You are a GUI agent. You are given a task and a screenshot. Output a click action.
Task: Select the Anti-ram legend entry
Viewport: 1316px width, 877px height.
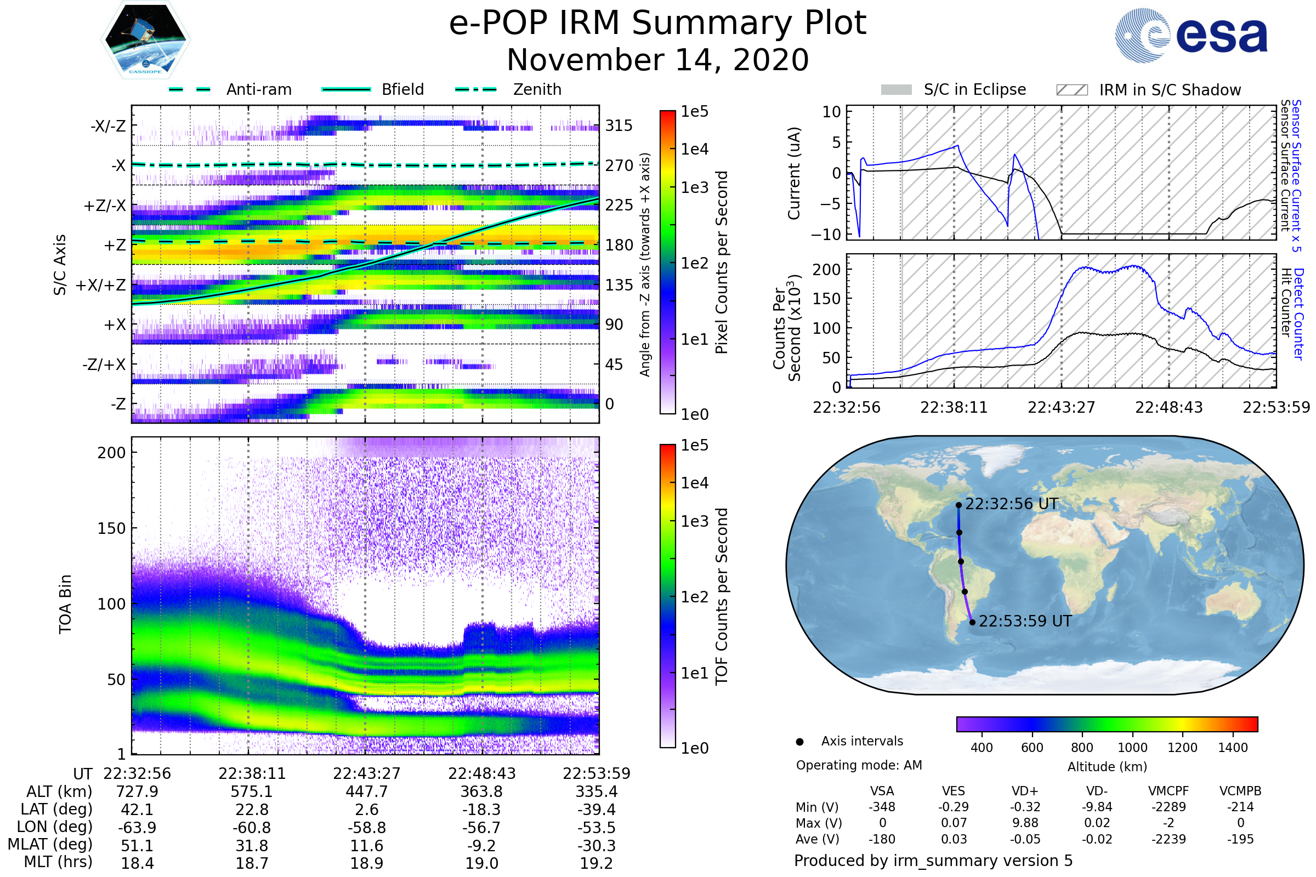click(230, 89)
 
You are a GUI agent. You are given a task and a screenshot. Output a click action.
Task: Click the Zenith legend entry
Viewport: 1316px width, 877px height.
click(508, 89)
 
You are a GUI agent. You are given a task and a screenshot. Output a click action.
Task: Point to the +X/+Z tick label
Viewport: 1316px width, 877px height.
click(101, 285)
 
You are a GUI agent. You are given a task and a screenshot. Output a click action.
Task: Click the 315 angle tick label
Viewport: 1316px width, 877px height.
click(619, 126)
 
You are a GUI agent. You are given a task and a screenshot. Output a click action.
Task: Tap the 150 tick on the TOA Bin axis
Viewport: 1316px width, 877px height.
click(111, 528)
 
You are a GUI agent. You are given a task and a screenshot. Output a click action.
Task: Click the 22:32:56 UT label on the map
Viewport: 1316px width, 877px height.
click(1012, 504)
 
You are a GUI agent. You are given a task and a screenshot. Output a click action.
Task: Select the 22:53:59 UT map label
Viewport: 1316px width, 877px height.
click(1025, 622)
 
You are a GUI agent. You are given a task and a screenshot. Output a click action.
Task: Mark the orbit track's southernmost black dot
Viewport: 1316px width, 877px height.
click(972, 622)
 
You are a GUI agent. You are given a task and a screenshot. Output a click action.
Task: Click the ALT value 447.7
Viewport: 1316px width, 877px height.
click(366, 792)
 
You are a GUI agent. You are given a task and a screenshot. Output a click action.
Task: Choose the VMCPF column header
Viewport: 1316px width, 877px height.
click(1168, 791)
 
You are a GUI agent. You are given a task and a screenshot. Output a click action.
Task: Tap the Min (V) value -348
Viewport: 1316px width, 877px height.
click(882, 807)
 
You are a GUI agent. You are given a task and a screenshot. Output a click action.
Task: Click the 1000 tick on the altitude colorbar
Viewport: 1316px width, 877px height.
click(1132, 748)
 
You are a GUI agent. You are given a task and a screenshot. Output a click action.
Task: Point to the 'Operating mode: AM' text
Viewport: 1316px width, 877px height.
click(859, 765)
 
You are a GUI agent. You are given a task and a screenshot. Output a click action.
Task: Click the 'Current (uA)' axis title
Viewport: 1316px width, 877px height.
click(794, 173)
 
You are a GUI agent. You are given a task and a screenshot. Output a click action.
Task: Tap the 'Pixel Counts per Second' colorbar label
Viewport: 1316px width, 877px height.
click(722, 263)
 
